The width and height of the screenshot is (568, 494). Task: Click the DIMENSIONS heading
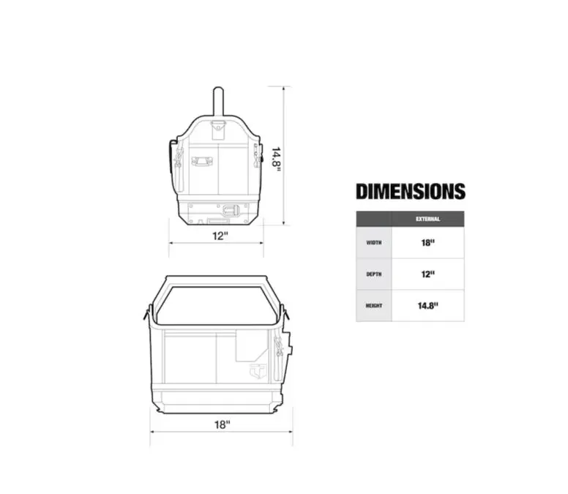(411, 191)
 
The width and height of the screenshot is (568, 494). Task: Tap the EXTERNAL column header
(427, 219)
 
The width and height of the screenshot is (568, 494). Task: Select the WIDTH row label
(374, 243)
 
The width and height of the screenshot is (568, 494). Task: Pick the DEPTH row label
(374, 274)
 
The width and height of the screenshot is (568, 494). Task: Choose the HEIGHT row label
(374, 306)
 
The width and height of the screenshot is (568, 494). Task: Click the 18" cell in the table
(427, 243)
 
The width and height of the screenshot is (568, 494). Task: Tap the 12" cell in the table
(427, 274)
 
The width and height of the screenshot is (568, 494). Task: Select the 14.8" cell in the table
(427, 306)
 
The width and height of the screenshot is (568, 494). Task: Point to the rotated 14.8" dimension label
(277, 157)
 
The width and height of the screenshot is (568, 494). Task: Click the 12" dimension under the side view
(220, 236)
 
